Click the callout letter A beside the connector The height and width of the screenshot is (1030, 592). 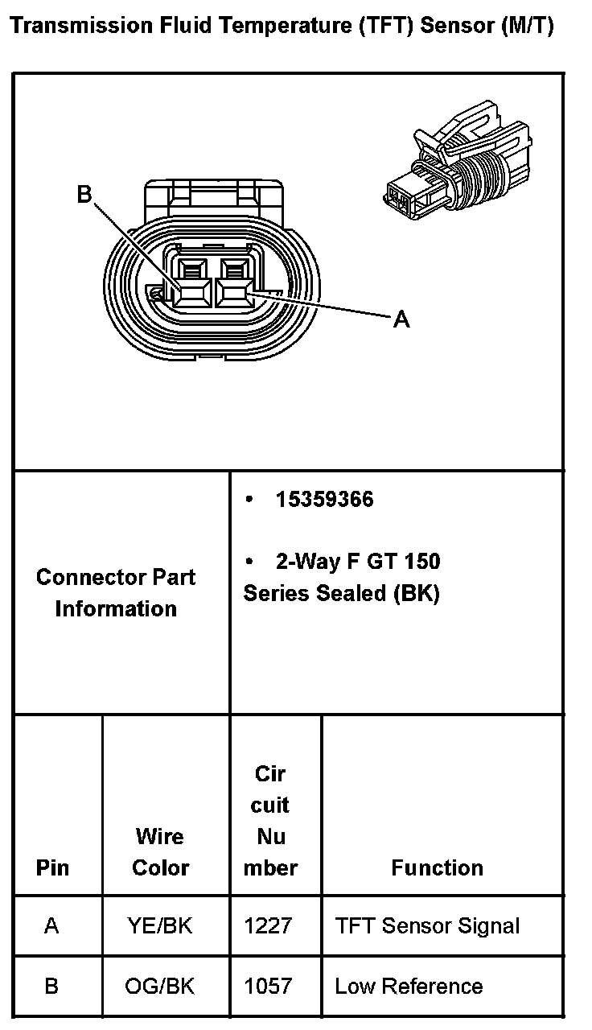pos(401,320)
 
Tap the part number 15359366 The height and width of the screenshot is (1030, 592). pos(324,500)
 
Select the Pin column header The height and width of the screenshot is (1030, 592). pos(53,868)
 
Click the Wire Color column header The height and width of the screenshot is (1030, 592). pos(160,852)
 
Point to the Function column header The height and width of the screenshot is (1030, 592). pos(438,868)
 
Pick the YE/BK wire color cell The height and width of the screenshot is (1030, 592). pos(160,926)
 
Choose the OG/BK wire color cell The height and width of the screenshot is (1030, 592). pos(160,987)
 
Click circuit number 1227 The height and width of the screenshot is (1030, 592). pos(268,926)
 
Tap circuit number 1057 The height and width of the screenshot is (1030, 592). pos(268,987)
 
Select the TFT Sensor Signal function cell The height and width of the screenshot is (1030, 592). pos(428,926)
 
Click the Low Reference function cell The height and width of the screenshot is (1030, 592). pos(409,987)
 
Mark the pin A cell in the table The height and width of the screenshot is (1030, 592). pos(51,926)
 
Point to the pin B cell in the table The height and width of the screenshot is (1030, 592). pos(51,987)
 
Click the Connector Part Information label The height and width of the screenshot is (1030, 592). pos(116,593)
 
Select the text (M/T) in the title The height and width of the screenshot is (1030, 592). pos(527,27)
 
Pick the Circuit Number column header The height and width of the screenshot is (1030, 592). pos(271,821)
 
